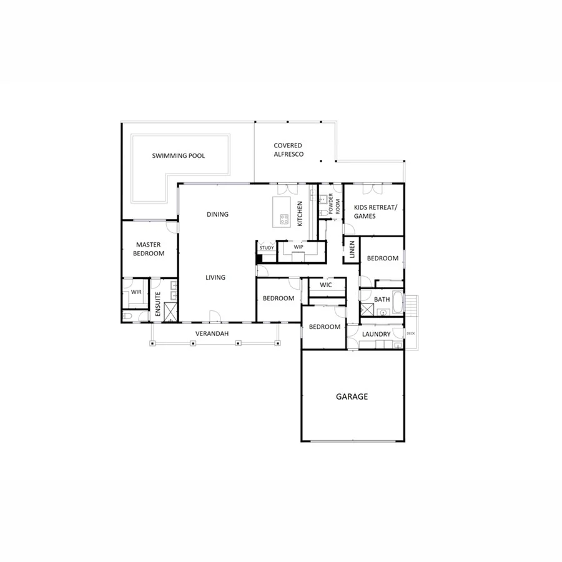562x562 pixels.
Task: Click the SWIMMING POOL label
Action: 179,156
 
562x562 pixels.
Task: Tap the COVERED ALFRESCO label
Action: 288,150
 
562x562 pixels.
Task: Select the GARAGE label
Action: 352,397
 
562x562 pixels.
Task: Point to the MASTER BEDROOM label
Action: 150,249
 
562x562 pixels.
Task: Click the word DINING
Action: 218,214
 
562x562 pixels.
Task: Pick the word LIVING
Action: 215,277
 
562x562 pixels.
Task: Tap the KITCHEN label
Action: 300,214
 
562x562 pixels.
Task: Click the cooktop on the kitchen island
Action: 284,219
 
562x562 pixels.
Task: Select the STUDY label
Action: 267,248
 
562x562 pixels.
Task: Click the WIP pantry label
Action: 298,247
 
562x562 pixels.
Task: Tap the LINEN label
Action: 352,249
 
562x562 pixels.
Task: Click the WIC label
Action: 325,285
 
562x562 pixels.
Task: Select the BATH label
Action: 382,299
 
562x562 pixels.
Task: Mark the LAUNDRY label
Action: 377,334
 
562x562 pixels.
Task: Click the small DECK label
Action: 410,333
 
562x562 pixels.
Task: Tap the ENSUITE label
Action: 158,305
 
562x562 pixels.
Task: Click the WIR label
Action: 135,292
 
